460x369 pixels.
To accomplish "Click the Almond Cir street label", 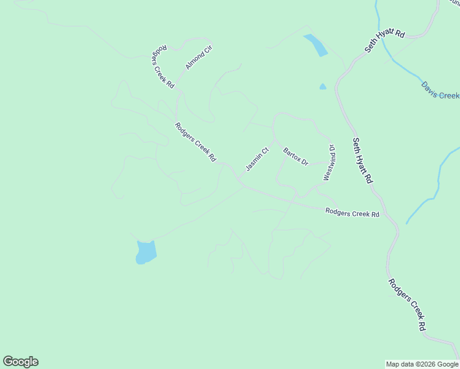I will coord(199,57).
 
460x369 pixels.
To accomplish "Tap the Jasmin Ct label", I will coord(258,159).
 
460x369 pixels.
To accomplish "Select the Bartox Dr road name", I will coord(295,156).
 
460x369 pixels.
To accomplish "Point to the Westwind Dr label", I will coord(330,162).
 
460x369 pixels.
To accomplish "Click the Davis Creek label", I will coord(440,90).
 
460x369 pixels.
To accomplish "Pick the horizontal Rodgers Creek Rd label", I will coord(352,213).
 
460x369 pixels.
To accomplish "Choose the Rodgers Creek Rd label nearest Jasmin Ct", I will coord(196,142).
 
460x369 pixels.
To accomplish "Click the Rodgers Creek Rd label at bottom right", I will coord(407,305).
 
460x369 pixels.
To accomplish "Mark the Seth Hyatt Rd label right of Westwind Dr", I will coord(363,160).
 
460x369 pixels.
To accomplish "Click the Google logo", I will coord(20,362).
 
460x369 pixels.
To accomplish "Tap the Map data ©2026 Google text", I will coord(422,364).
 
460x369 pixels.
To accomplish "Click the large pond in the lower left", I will coord(146,252).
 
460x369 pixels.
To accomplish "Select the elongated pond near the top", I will coord(315,45).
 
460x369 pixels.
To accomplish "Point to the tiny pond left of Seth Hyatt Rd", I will coord(323,87).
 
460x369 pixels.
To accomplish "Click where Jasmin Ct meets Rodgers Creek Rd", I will coord(239,178).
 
